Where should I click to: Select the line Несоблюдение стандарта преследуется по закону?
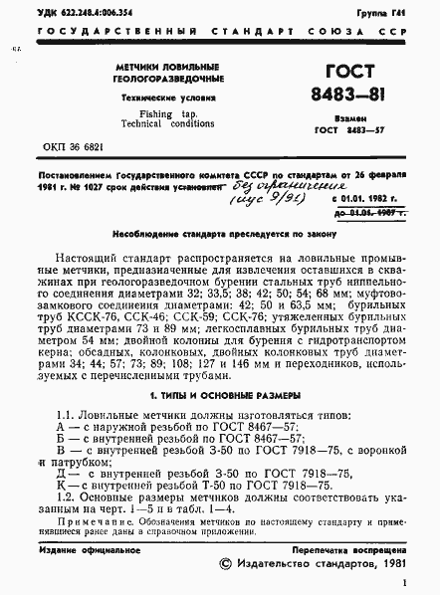220,235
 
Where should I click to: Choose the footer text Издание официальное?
81,548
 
